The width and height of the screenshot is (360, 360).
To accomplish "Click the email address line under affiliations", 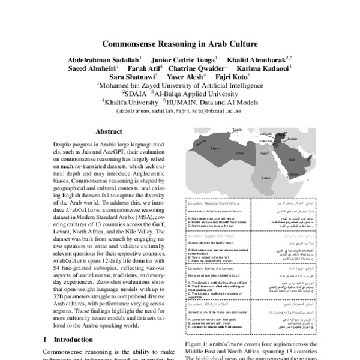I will click(179, 111).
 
